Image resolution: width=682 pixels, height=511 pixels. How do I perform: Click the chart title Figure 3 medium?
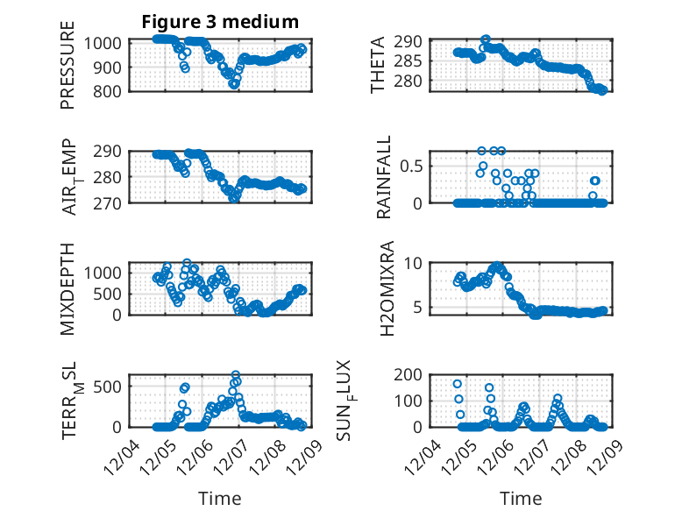220,22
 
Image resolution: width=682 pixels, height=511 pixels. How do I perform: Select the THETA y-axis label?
378,65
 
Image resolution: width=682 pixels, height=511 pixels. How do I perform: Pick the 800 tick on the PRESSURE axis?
110,90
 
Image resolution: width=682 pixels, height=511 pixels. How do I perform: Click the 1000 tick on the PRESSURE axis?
106,43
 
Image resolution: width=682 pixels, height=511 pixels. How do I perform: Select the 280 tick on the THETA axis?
412,82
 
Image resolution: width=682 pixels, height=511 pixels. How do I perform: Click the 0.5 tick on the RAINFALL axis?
413,165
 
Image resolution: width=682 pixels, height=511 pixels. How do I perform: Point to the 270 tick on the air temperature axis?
110,202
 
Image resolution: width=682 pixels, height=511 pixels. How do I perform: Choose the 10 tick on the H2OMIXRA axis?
416,263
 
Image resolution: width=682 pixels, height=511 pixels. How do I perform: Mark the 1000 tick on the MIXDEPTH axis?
106,273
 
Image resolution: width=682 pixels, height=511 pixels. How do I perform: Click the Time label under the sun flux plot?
521,498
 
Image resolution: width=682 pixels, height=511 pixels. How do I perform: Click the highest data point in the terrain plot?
235,375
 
